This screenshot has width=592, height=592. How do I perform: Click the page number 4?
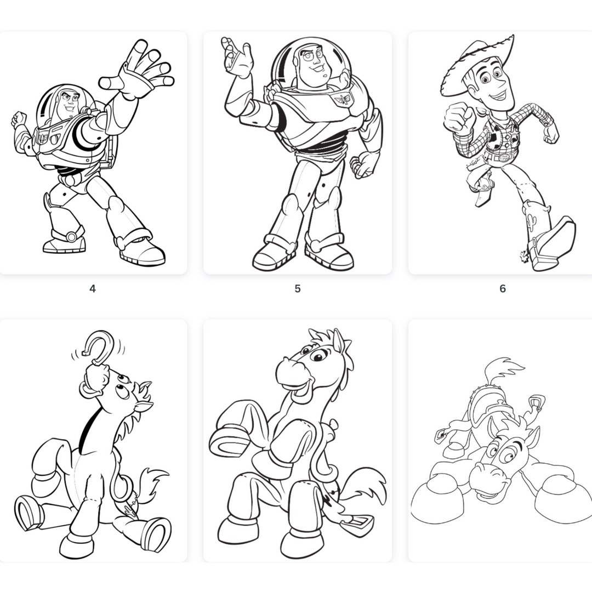pos(93,288)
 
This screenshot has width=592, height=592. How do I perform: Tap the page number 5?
pos(298,288)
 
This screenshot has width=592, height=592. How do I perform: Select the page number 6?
pos(502,288)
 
